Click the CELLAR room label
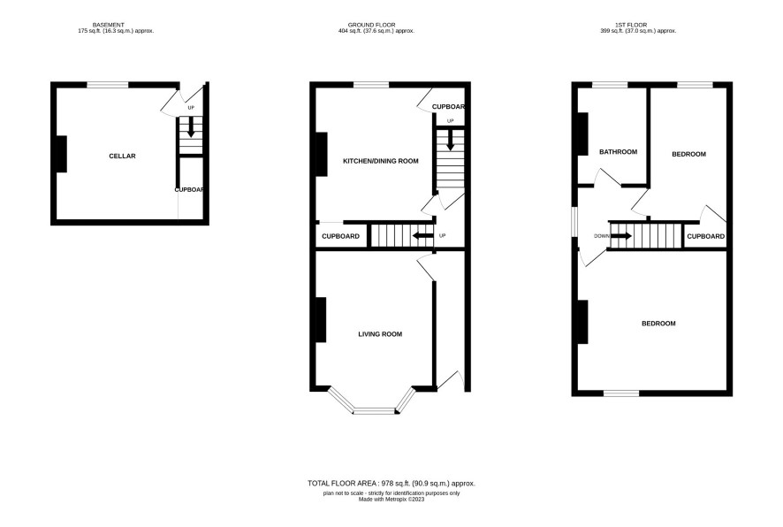122,157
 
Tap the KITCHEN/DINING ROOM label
381,161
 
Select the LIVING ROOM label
380,334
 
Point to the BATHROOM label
619,152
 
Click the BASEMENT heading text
109,25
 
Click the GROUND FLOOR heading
371,25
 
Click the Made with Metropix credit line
391,499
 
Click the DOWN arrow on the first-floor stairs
621,236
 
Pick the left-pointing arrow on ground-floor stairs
422,236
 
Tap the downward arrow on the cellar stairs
191,127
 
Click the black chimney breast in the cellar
62,155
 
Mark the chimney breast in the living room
321,320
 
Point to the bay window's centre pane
374,412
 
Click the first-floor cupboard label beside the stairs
705,236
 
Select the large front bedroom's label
658,324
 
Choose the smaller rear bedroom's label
688,155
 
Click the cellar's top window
108,85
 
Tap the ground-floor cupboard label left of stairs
340,236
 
